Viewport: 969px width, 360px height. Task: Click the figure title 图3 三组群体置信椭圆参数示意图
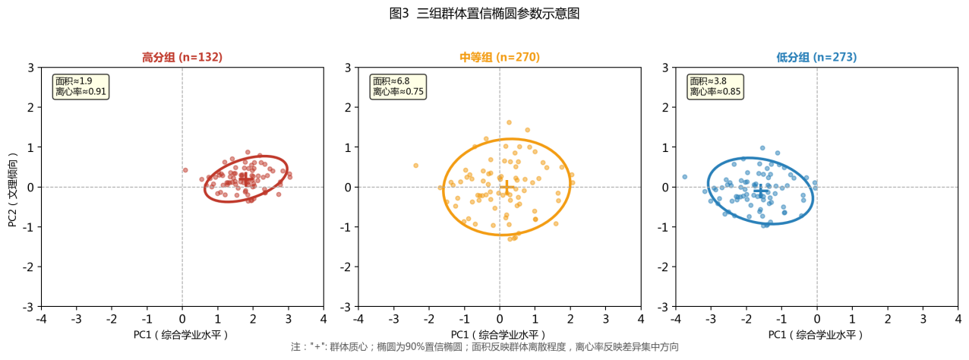[484, 13]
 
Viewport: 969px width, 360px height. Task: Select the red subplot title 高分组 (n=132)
[182, 57]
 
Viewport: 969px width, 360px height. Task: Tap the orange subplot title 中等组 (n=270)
[500, 57]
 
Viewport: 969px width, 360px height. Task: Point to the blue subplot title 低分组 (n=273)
[816, 57]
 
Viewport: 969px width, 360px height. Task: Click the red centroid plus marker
[247, 178]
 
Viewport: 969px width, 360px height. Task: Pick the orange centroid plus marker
[507, 187]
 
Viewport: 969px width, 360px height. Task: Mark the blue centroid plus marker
[760, 190]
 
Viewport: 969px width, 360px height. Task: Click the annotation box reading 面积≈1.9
[80, 86]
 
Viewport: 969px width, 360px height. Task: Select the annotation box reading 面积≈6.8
[398, 86]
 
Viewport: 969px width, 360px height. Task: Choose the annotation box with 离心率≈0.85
[715, 86]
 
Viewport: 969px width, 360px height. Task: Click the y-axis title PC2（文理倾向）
[13, 187]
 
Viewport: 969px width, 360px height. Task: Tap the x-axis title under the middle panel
[499, 334]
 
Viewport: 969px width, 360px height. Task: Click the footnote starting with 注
[484, 347]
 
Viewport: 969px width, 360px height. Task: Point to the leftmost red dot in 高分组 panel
[185, 170]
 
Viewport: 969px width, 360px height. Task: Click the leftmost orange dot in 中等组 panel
[415, 165]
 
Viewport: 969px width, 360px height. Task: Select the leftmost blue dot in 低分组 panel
[684, 176]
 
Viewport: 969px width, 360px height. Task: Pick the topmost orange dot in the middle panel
[509, 122]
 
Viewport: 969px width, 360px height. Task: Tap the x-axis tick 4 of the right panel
[958, 318]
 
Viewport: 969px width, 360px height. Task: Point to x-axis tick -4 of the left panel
[41, 318]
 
